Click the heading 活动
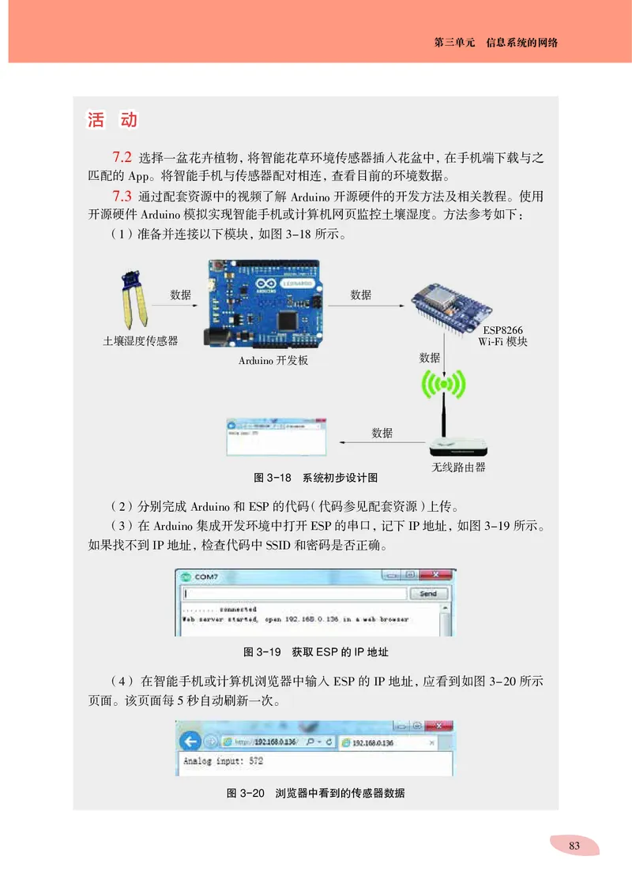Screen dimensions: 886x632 (112, 121)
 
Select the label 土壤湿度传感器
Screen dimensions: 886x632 (141, 340)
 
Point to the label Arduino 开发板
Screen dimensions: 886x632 (273, 361)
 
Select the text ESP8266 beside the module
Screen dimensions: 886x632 (502, 330)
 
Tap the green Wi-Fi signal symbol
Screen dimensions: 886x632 (444, 385)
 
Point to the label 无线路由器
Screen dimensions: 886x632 (458, 467)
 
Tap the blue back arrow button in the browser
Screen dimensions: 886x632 (189, 741)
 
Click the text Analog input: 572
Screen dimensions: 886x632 (224, 762)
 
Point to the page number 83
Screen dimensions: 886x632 (574, 846)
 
